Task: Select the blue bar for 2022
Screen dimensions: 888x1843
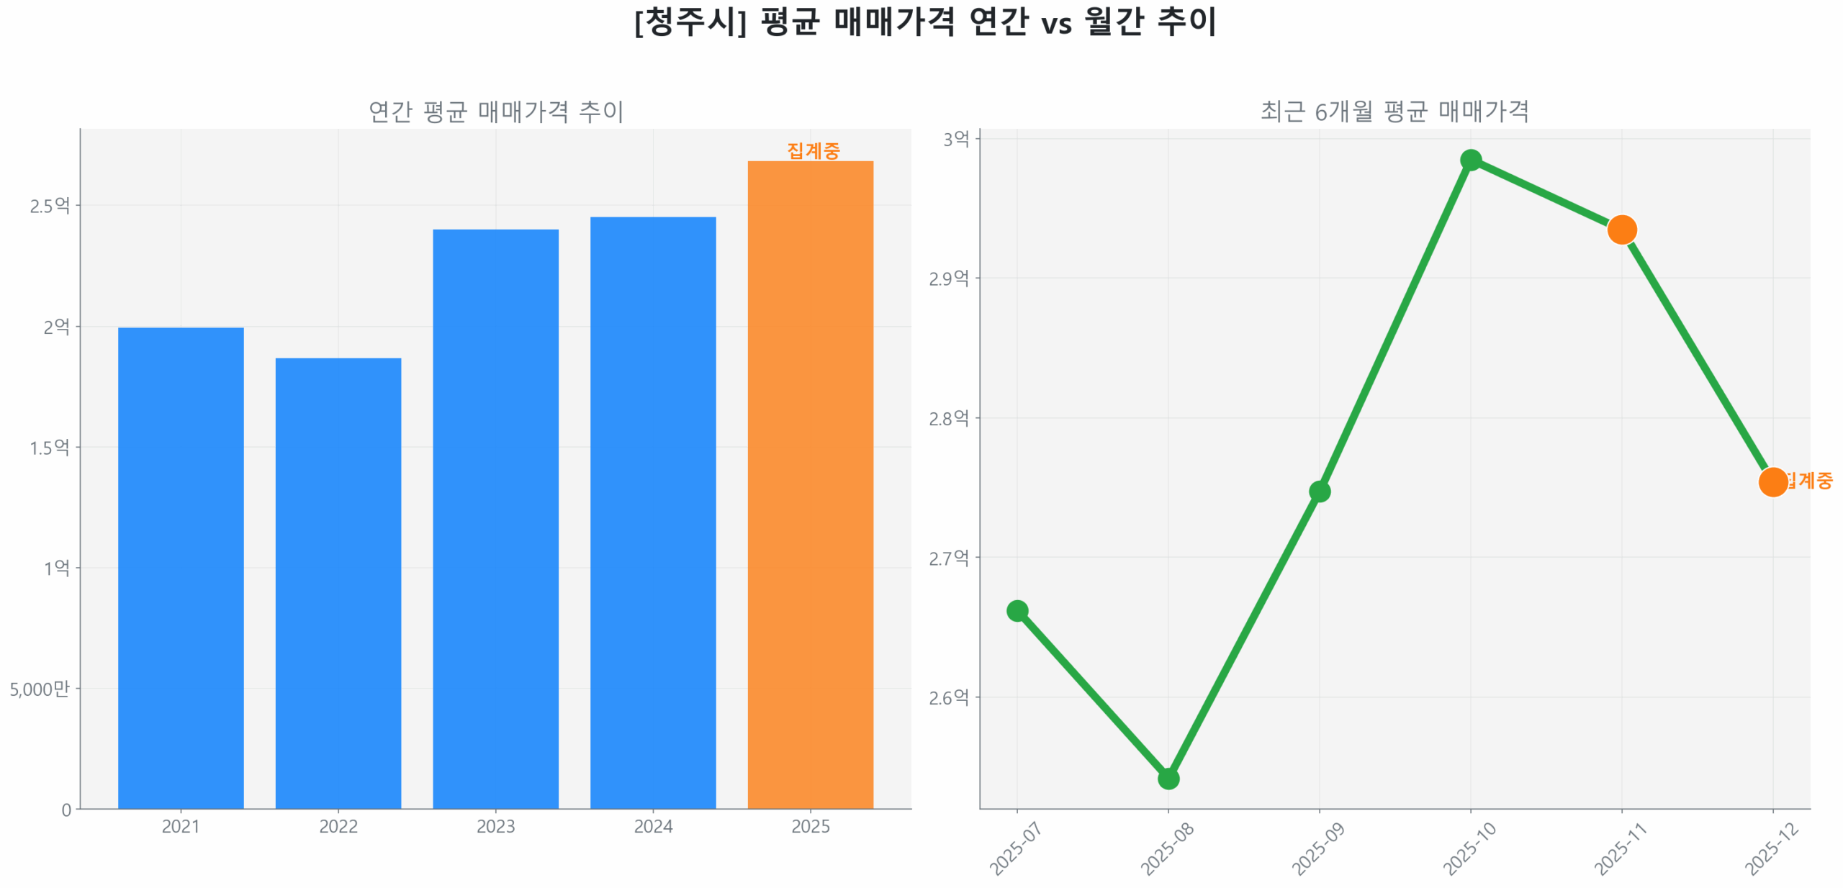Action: (x=338, y=583)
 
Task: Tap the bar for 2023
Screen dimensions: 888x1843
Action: (x=495, y=518)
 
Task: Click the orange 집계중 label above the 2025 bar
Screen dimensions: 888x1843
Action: (x=813, y=150)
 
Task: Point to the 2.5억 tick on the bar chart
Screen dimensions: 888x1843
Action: (x=50, y=206)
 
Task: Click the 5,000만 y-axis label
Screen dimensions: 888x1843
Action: (x=40, y=689)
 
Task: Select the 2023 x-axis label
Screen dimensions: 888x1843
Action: (x=495, y=826)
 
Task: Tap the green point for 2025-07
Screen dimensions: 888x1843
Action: (x=1017, y=610)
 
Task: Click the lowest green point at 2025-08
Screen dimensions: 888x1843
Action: (x=1168, y=778)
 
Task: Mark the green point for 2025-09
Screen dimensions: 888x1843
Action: (x=1319, y=491)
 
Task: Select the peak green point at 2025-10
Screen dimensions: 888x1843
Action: (x=1470, y=160)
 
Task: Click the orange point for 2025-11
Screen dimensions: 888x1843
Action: (x=1621, y=230)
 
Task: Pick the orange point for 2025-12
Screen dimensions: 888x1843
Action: (x=1772, y=481)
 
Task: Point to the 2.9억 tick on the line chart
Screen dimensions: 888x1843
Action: (x=948, y=278)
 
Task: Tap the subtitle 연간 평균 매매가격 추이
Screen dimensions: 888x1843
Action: (x=495, y=112)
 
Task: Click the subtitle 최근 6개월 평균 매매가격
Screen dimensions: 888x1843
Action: (x=1394, y=112)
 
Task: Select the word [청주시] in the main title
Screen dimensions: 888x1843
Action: (x=690, y=22)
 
